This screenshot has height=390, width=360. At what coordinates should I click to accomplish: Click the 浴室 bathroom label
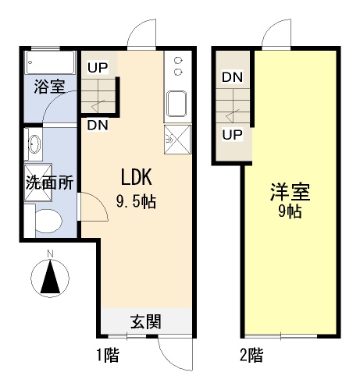coord(49,87)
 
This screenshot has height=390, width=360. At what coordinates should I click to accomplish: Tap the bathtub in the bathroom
coord(50,62)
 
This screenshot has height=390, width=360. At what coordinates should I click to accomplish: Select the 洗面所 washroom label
coord(49,183)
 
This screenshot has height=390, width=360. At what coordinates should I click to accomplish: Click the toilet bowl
coord(48,221)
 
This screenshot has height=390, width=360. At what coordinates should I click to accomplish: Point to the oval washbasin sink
coord(34,144)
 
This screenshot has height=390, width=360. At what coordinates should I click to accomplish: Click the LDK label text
coord(136,177)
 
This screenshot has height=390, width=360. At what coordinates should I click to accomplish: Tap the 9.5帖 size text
coord(136,201)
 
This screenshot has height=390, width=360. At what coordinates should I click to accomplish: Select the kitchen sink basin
coord(176,104)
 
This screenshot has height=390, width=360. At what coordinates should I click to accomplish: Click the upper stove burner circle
coord(178,61)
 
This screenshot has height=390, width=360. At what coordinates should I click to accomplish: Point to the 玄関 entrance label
coord(146,321)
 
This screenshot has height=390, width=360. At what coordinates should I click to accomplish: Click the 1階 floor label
coord(108,355)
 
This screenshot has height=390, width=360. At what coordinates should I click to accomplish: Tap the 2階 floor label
coord(251,355)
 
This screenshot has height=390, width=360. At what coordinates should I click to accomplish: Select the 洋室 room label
coord(290,192)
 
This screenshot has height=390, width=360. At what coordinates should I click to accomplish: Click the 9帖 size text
coord(290,212)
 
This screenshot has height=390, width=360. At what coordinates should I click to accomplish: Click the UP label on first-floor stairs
coord(98,68)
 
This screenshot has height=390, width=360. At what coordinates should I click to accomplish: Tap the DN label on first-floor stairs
coord(98,125)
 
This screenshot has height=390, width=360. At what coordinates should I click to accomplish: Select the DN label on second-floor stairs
coord(232,77)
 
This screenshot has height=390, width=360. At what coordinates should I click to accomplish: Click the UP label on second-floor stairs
coord(232,135)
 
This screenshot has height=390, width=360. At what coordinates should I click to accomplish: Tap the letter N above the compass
coord(50,253)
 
